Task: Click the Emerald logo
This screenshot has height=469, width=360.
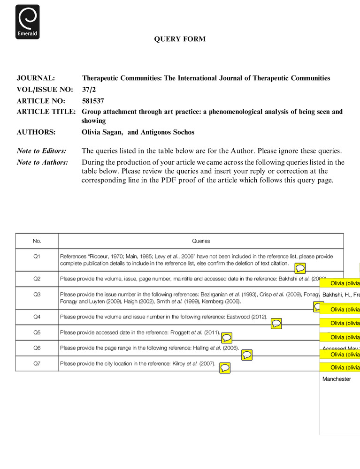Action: (x=27, y=22)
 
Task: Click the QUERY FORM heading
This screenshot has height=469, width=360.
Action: (x=180, y=39)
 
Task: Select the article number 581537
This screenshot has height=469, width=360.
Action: (x=93, y=100)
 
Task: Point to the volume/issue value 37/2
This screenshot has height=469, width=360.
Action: (x=89, y=89)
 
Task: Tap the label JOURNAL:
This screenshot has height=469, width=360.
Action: (x=36, y=78)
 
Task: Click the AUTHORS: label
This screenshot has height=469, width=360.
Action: (x=36, y=132)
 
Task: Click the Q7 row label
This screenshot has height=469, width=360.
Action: (x=37, y=363)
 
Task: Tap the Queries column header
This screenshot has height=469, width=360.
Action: (x=201, y=241)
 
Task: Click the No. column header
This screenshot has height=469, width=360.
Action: (x=37, y=241)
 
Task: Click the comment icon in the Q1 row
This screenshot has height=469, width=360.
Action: (x=300, y=268)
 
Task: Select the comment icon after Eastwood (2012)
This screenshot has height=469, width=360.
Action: (x=276, y=323)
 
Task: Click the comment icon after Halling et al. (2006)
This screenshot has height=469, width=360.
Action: (x=247, y=355)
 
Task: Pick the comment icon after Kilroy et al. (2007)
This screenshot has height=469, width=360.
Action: (x=225, y=368)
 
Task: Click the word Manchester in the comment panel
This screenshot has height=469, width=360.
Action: (x=337, y=379)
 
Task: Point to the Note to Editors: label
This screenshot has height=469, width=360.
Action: (x=41, y=151)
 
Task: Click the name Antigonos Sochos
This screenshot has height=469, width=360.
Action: (x=168, y=132)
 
